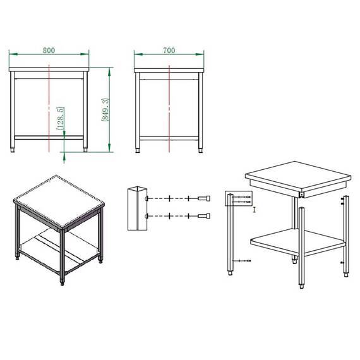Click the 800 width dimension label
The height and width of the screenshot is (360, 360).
(x=49, y=51)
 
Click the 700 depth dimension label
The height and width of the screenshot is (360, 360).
(x=169, y=51)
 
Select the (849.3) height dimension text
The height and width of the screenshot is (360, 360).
(x=105, y=109)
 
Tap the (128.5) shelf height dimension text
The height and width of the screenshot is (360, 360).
(x=60, y=118)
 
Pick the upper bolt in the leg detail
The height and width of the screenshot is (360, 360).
(x=204, y=198)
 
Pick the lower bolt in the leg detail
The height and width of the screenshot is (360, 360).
(x=204, y=216)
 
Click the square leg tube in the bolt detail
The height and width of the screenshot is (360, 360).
(x=137, y=208)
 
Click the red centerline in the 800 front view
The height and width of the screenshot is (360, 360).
(x=49, y=108)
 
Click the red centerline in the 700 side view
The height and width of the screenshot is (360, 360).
(x=169, y=109)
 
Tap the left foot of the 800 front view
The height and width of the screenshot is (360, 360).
(x=13, y=150)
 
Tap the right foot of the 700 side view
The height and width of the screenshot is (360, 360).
(x=200, y=150)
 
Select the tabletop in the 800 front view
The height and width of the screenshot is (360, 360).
(x=49, y=69)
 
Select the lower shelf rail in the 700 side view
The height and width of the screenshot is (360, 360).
(x=169, y=138)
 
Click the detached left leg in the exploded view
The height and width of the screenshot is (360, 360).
(x=231, y=234)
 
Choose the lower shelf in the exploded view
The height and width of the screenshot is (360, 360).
(x=298, y=243)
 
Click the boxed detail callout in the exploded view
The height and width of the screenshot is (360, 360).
(x=239, y=198)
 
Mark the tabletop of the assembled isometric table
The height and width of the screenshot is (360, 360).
(x=59, y=202)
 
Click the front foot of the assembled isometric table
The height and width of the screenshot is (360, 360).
(x=63, y=283)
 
